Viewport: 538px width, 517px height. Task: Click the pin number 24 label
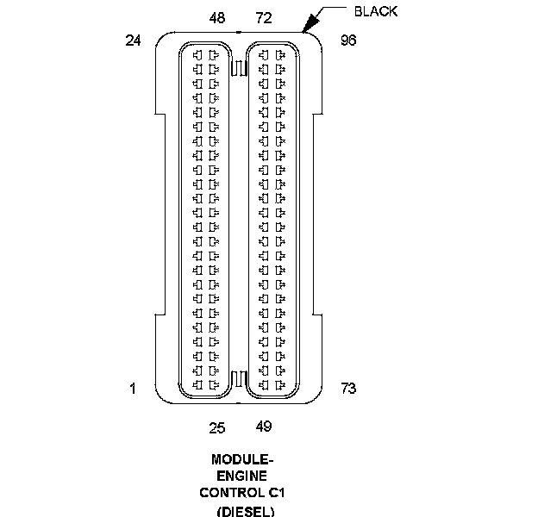click(x=133, y=40)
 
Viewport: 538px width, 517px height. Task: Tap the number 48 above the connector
click(x=217, y=18)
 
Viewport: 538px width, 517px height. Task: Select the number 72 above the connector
click(x=264, y=18)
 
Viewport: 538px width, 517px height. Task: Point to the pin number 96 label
click(x=348, y=40)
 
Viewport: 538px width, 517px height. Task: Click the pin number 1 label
click(x=133, y=389)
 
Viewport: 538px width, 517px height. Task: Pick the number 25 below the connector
click(x=217, y=426)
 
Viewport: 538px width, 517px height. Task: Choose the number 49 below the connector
click(x=264, y=426)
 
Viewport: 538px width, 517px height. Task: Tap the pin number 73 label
click(x=348, y=389)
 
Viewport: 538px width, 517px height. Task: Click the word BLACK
click(x=376, y=12)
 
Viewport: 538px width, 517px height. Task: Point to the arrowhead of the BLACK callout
click(x=305, y=30)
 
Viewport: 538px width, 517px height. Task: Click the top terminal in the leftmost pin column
click(x=198, y=54)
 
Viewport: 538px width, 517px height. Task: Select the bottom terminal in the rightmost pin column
click(x=280, y=383)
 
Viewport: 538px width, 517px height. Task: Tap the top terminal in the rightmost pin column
click(x=280, y=54)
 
